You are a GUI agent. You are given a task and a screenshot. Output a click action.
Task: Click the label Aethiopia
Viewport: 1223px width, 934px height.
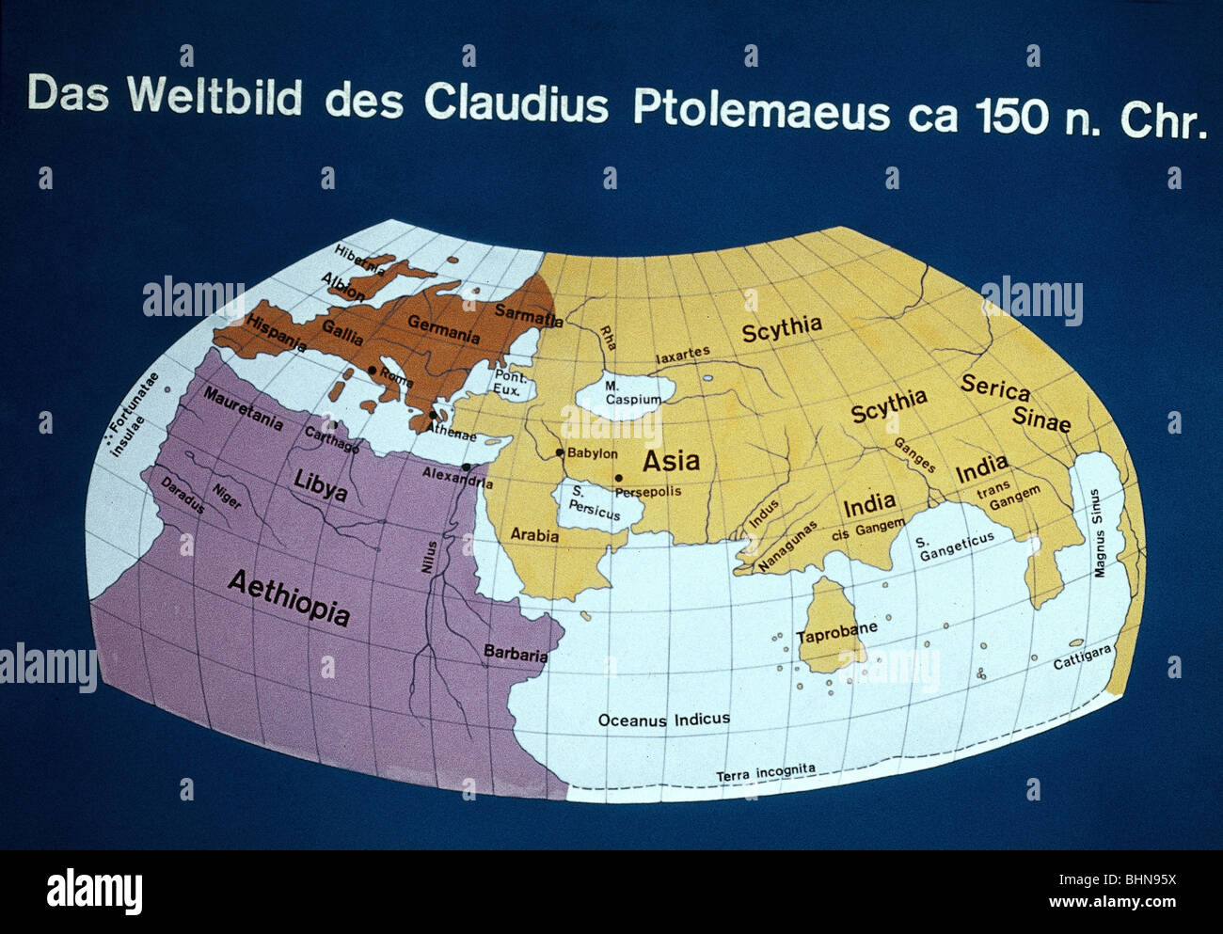click(x=289, y=598)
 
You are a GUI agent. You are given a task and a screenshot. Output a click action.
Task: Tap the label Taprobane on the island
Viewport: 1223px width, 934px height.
click(x=836, y=633)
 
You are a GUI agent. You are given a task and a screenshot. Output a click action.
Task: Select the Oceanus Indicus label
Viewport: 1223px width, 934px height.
click(x=663, y=720)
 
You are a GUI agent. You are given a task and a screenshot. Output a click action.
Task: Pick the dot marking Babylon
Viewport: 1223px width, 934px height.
click(x=560, y=452)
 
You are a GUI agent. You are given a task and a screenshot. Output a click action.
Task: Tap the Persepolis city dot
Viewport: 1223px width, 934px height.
click(x=618, y=478)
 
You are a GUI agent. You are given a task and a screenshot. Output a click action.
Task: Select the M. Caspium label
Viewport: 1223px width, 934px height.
click(x=632, y=393)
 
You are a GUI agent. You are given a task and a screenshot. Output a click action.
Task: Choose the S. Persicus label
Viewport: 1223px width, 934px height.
click(x=594, y=506)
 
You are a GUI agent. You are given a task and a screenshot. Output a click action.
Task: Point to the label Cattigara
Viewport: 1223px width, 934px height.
click(x=1082, y=657)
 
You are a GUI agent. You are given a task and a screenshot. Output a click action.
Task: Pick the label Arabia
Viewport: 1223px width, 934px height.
click(x=534, y=534)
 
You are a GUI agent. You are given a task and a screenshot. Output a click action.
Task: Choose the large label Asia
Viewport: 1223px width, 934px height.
click(x=671, y=460)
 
